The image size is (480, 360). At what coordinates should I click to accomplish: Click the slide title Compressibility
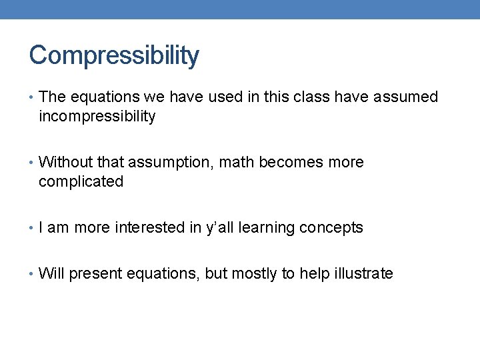114,56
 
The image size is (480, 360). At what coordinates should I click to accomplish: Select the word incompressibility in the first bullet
97,117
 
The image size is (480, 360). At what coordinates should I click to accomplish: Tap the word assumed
406,97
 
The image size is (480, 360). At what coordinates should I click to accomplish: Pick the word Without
66,163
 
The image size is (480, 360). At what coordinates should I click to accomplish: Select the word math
237,163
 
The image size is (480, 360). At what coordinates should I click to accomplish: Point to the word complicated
81,182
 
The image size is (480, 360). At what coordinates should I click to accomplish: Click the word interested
149,228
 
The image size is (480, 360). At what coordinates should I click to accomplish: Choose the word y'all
217,228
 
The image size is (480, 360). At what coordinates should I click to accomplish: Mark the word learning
267,228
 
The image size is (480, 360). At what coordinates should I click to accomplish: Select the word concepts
331,228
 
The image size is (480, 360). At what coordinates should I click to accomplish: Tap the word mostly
254,274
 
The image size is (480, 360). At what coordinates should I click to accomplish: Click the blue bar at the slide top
240,9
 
